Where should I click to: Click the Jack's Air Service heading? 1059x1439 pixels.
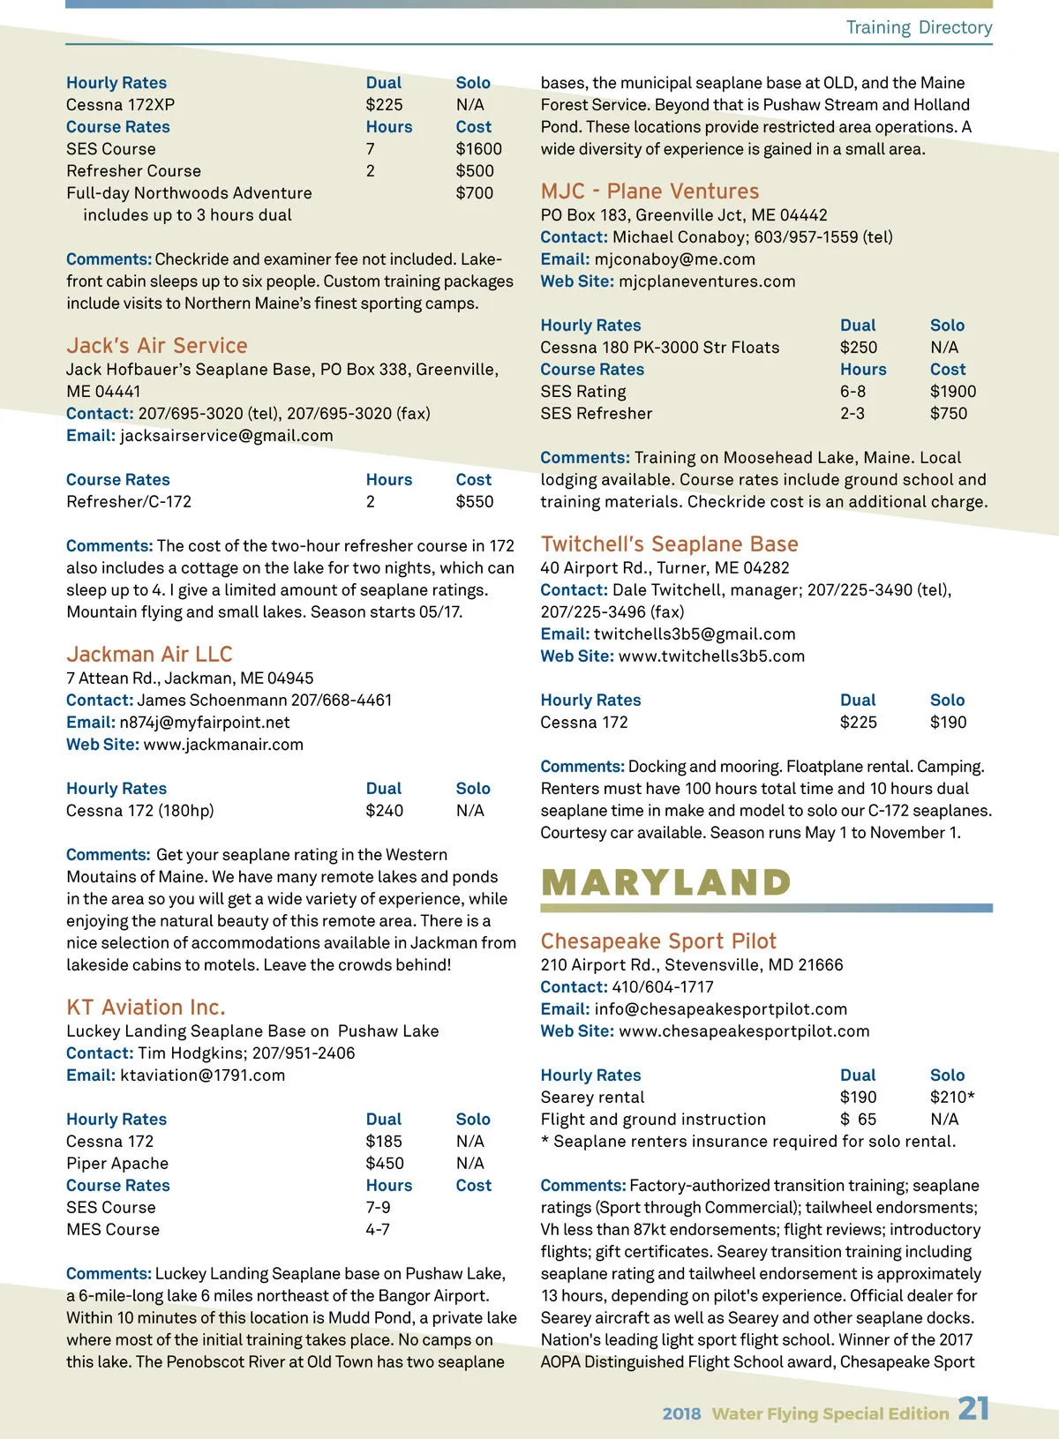156,346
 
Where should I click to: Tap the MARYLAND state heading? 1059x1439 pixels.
666,882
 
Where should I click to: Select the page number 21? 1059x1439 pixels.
973,1408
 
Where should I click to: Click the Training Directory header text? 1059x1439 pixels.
919,27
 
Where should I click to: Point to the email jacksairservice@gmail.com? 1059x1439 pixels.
227,436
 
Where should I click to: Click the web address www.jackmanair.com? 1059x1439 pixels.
223,745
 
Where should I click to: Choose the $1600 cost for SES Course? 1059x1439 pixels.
478,149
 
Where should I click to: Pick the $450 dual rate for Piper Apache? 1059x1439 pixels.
385,1164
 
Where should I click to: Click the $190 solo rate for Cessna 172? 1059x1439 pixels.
948,723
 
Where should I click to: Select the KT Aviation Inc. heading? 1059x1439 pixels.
146,1008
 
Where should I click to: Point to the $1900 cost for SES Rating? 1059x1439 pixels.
953,392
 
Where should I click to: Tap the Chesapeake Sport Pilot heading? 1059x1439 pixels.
658,941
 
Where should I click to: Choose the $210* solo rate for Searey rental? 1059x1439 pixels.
952,1098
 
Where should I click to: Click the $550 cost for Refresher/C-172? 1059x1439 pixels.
475,502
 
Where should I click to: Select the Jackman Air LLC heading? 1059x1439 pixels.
149,655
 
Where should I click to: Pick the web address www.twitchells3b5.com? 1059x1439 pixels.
711,656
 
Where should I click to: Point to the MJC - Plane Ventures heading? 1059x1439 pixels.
650,191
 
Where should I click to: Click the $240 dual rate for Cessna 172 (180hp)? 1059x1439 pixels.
385,811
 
